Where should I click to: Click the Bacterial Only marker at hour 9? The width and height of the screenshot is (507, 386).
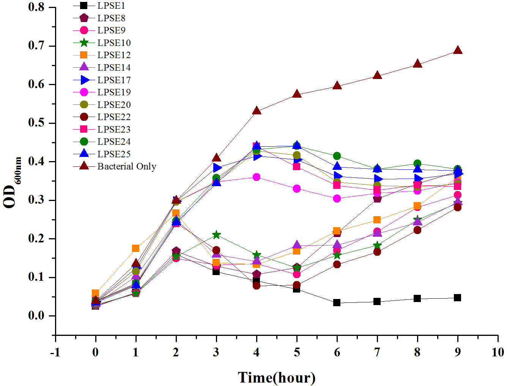[x=458, y=51]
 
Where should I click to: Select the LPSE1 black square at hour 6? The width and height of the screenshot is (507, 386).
[x=337, y=303]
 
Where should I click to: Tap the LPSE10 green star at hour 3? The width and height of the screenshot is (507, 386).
[x=216, y=235]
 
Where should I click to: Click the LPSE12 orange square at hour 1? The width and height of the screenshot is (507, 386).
[x=136, y=248]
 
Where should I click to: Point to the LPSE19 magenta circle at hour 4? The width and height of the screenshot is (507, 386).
[x=257, y=177]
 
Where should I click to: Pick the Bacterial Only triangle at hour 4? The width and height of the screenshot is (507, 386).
[x=257, y=111]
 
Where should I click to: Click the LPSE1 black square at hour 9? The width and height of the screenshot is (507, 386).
[x=458, y=297]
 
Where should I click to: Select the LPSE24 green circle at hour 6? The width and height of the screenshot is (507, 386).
[x=337, y=156]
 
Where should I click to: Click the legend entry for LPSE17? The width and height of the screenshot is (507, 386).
[x=114, y=80]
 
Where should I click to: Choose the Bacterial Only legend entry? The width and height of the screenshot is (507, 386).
[x=126, y=166]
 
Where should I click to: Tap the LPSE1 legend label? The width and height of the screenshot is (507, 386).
[x=111, y=6]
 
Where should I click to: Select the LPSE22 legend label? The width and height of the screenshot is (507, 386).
[x=114, y=117]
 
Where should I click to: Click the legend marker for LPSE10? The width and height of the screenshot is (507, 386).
[x=84, y=43]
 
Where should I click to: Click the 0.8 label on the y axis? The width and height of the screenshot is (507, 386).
[x=37, y=7]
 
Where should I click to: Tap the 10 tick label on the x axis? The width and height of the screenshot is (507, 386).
[x=498, y=353]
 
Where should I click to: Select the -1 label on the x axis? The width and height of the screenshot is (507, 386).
[x=55, y=353]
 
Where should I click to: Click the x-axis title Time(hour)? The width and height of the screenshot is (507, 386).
[x=277, y=378]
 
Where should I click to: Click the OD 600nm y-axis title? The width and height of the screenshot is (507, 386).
[x=11, y=182]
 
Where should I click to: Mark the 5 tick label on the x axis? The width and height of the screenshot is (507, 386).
[x=297, y=353]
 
